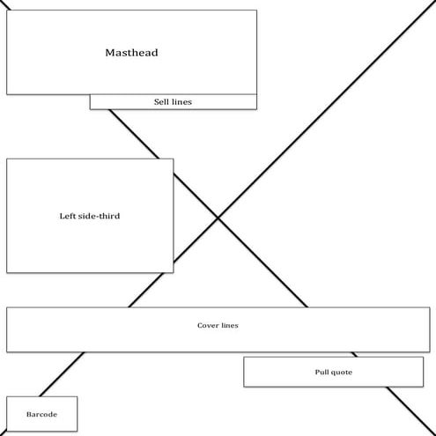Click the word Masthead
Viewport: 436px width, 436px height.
click(x=131, y=53)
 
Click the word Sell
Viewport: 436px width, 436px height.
click(x=161, y=102)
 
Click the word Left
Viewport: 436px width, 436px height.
click(x=56, y=216)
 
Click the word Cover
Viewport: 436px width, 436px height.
click(x=207, y=326)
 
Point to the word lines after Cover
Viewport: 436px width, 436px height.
click(x=228, y=326)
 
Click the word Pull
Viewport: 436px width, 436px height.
click(x=322, y=373)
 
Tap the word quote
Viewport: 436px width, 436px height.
click(x=342, y=373)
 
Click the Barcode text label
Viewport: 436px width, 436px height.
click(x=41, y=413)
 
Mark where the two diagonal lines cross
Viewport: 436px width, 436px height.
click(x=218, y=218)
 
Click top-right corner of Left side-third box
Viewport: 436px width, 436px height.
click(x=174, y=159)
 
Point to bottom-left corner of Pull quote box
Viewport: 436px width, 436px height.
click(x=244, y=386)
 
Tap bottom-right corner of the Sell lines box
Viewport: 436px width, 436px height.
click(x=256, y=109)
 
